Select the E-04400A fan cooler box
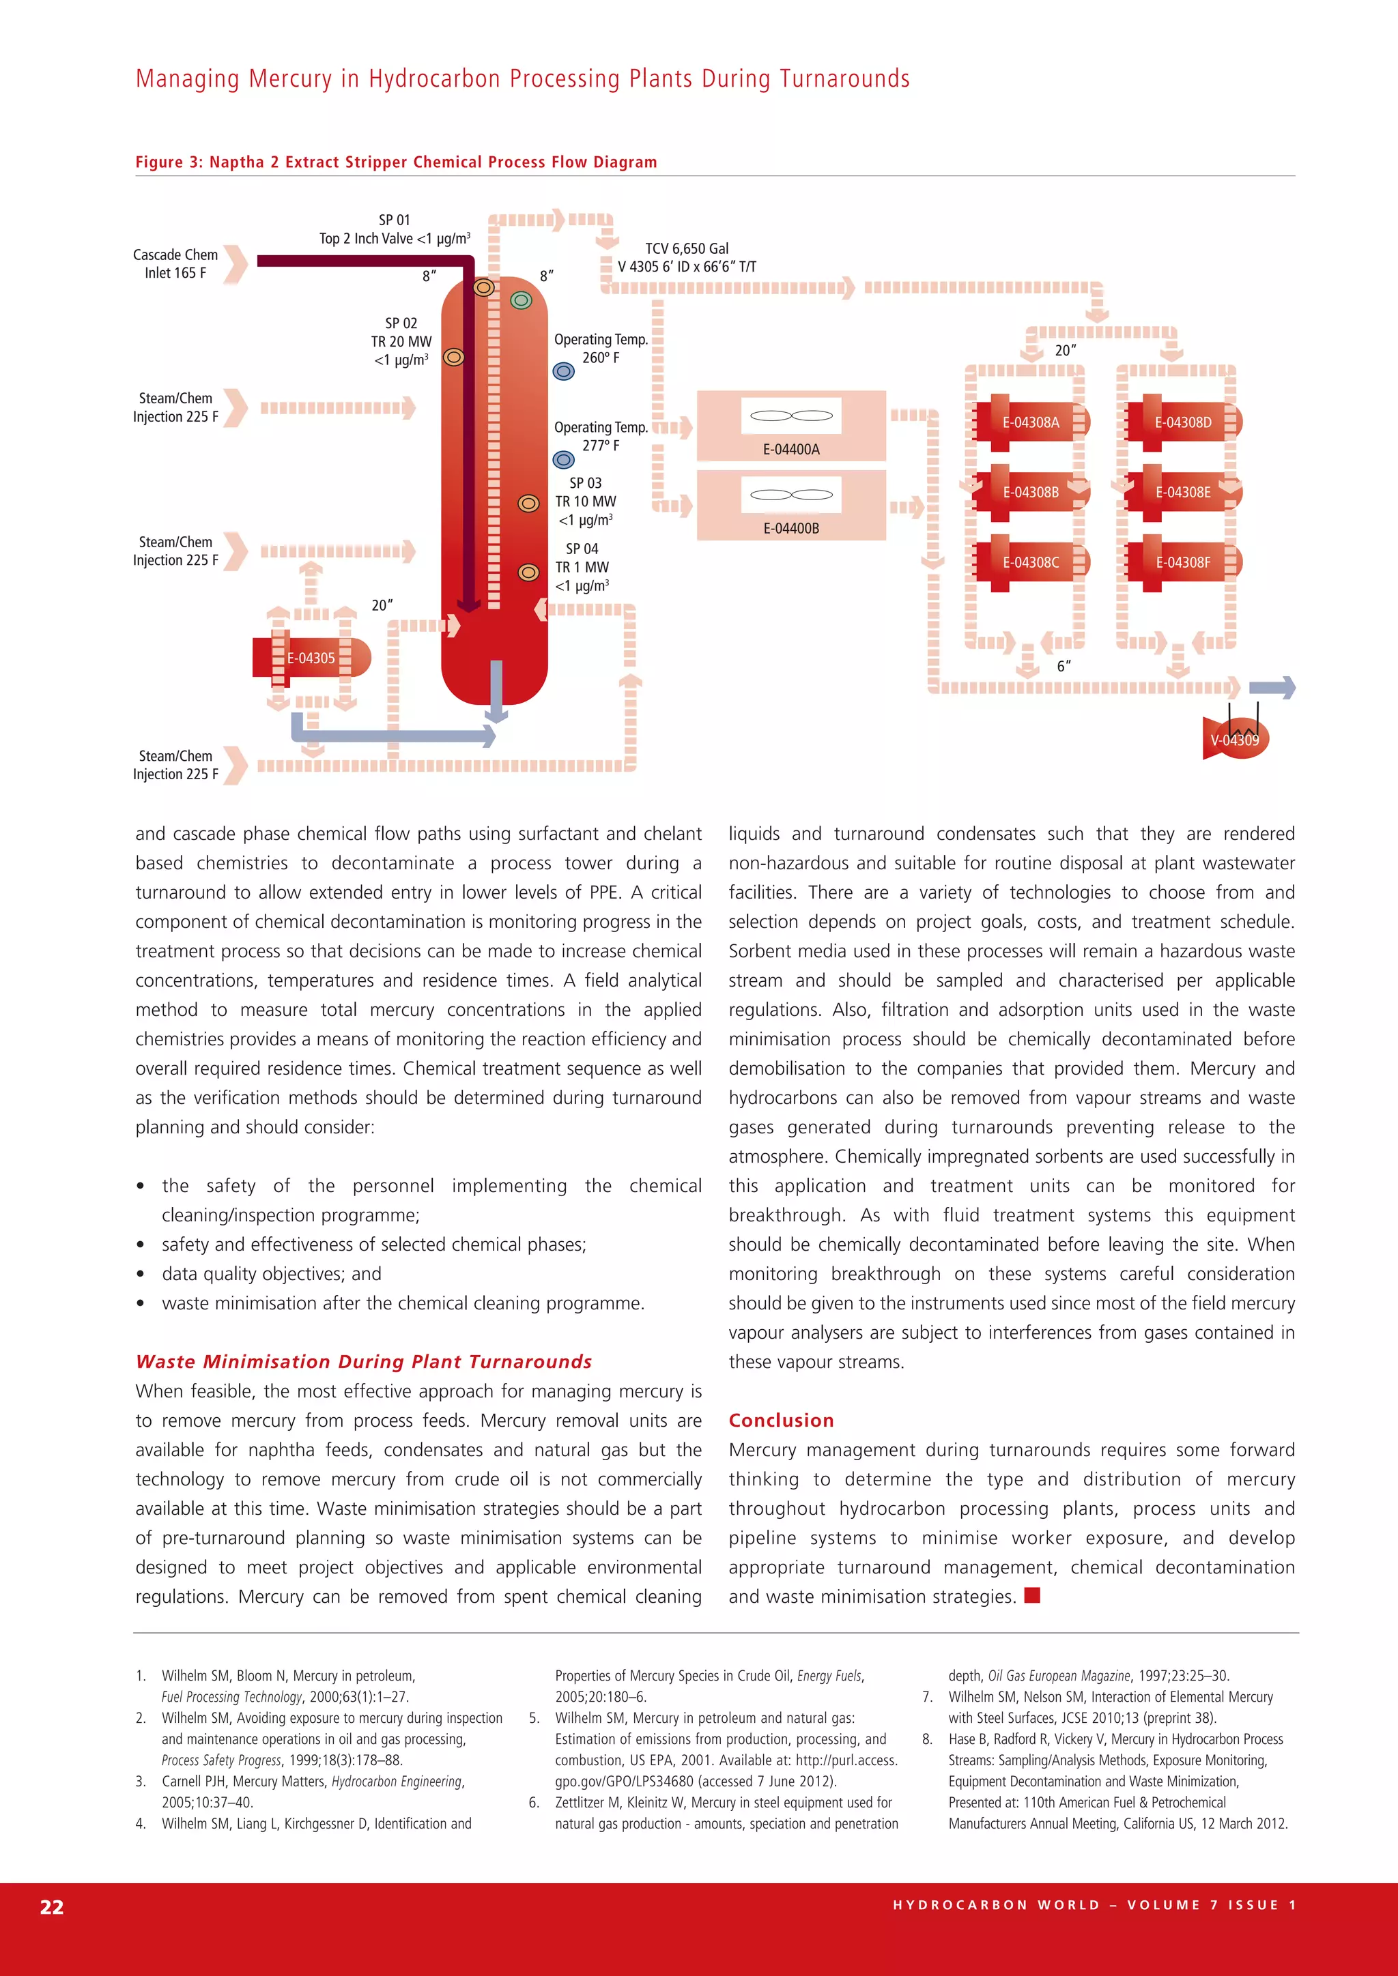(x=791, y=426)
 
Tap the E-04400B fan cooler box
(x=791, y=505)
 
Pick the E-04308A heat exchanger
(x=1031, y=422)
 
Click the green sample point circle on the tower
(x=521, y=300)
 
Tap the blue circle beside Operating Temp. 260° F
(x=564, y=372)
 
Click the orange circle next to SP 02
(x=454, y=356)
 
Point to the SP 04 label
(x=582, y=548)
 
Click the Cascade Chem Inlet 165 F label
(x=175, y=263)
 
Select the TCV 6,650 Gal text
(x=687, y=248)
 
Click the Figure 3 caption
(x=396, y=162)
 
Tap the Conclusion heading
(x=781, y=1420)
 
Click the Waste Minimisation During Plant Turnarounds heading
(x=363, y=1361)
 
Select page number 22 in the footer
(x=52, y=1906)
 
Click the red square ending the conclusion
(x=1033, y=1595)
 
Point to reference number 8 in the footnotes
(x=927, y=1739)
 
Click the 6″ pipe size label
(x=1064, y=666)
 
